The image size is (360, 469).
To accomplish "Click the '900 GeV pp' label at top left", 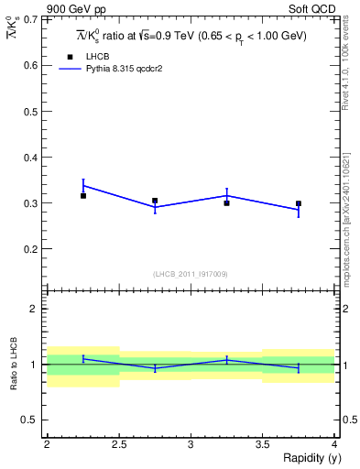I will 75,8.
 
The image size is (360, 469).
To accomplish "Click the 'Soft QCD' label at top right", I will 314,8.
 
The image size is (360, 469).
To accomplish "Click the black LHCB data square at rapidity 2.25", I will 83,195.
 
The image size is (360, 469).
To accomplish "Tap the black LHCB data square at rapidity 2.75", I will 155,201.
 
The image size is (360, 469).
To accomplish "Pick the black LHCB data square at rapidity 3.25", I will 226,202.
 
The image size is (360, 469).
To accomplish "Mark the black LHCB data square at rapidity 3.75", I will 299,203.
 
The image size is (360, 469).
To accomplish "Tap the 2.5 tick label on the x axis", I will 119,444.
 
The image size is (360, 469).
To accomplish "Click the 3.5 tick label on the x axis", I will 262,444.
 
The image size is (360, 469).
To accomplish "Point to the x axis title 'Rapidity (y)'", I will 308,458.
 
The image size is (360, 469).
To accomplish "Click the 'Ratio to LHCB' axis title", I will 13,364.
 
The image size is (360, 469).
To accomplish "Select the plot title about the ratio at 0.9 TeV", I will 191,36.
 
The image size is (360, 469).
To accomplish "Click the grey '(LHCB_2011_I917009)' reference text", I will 191,274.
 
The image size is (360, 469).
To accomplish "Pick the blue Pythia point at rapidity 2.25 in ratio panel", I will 83,358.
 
